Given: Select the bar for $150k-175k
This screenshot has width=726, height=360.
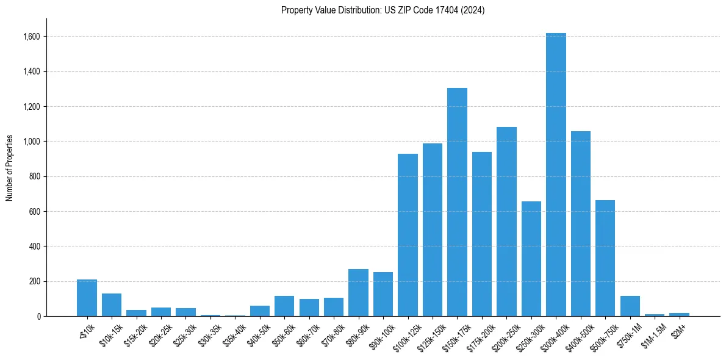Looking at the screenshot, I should pyautogui.click(x=457, y=202).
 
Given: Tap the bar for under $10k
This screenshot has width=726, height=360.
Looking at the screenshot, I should pyautogui.click(x=87, y=298).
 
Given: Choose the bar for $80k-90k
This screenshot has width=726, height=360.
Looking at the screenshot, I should pyautogui.click(x=358, y=292).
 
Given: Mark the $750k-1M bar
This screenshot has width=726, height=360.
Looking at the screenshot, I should pyautogui.click(x=630, y=306).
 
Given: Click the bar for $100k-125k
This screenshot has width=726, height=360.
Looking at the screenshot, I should pyautogui.click(x=408, y=235).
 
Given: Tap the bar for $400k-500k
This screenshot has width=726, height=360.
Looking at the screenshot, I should pyautogui.click(x=580, y=223).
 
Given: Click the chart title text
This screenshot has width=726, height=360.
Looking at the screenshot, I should pyautogui.click(x=383, y=10).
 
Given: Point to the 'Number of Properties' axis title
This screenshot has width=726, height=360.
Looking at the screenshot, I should pyautogui.click(x=10, y=167).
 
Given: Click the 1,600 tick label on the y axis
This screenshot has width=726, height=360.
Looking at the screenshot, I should pyautogui.click(x=31, y=37).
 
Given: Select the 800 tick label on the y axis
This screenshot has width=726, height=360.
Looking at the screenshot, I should pyautogui.click(x=34, y=176).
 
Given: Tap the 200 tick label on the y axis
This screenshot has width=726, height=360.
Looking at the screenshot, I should pyautogui.click(x=34, y=281).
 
